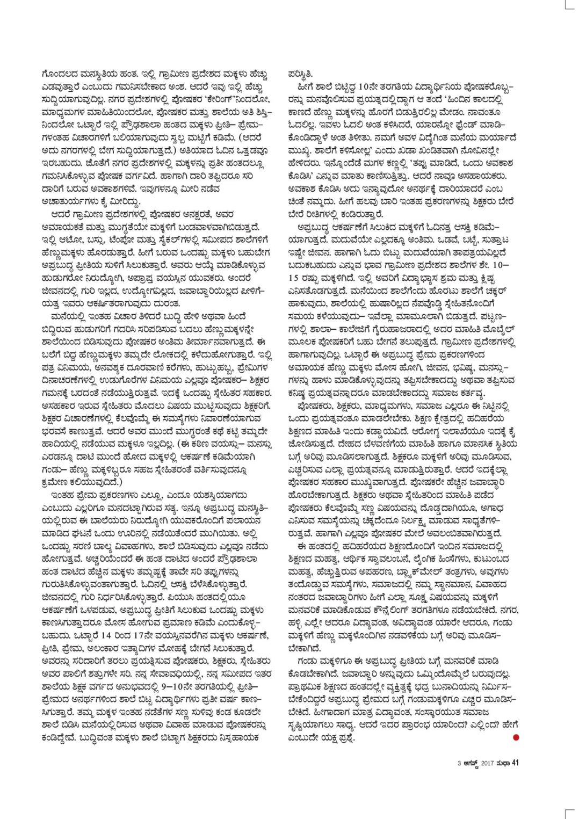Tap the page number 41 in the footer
(x=513, y=761)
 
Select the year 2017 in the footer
(x=487, y=762)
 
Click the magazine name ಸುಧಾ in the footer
(x=503, y=762)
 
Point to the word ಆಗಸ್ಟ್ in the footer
(x=471, y=762)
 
